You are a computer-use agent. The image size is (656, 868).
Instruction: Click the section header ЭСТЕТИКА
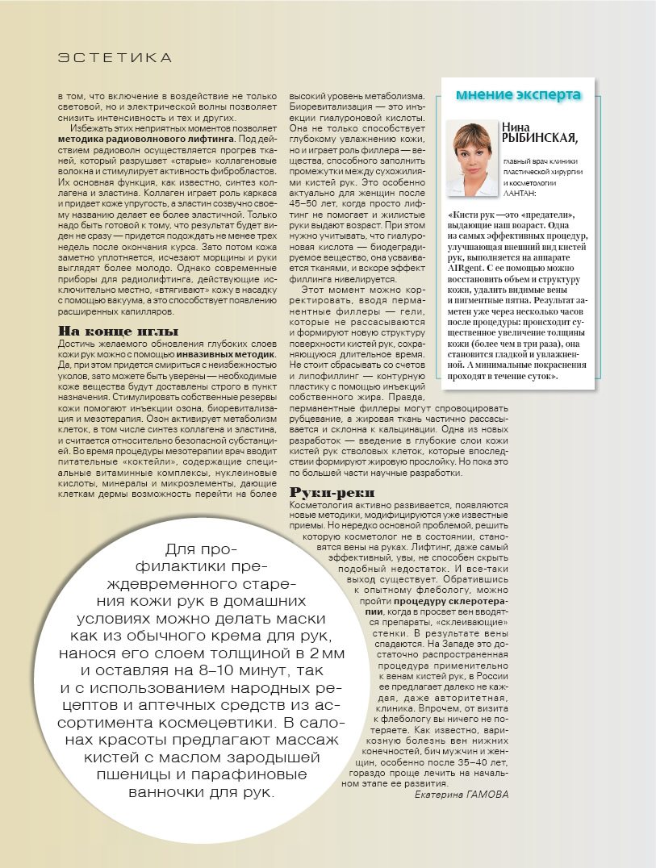point(115,58)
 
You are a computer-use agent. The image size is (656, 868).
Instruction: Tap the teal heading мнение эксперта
point(518,94)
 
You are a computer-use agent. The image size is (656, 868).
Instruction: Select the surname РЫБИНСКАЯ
point(537,139)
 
